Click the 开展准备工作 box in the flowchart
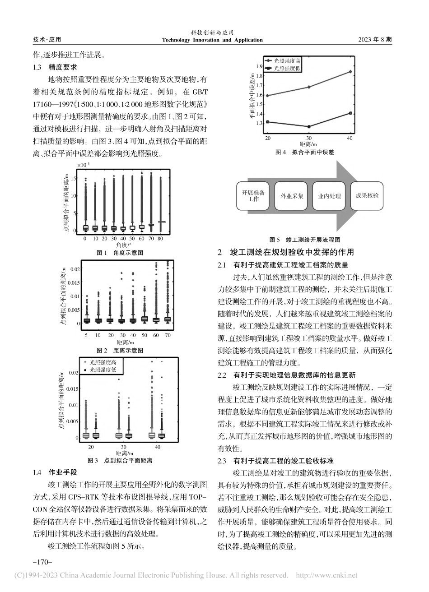253,196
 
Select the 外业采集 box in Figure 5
292,196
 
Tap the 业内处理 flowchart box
330,196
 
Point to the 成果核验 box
367,195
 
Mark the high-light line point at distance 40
351,71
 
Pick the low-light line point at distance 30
309,127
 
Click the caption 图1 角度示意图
120,253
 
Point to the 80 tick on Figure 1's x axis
161,239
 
